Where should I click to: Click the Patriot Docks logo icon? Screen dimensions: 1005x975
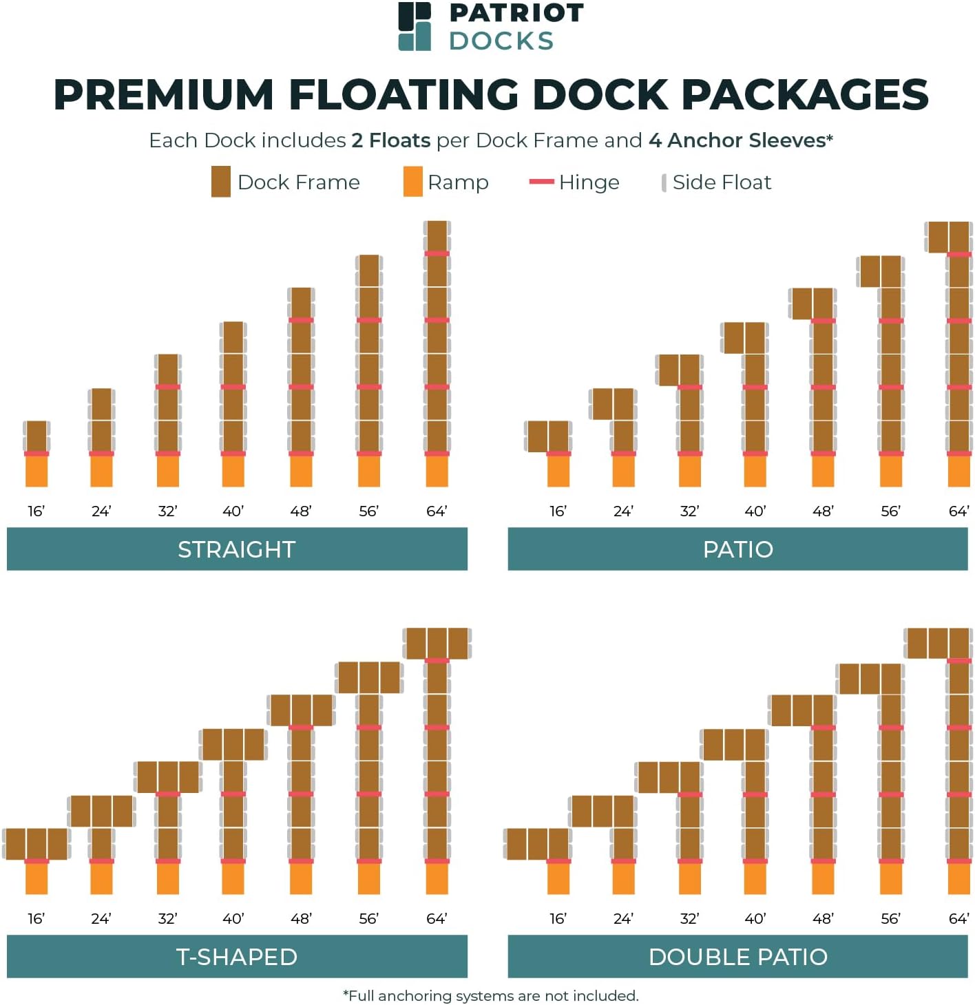(415, 27)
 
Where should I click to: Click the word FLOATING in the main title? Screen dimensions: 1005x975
(403, 95)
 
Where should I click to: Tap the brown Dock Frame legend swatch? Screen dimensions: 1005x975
(220, 182)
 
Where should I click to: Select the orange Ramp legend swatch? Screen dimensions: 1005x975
(412, 182)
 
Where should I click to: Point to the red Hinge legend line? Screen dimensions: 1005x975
(541, 182)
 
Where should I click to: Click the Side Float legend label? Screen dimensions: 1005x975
(721, 182)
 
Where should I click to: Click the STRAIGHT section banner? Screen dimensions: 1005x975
(237, 549)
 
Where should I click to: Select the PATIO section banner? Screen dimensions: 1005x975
(737, 549)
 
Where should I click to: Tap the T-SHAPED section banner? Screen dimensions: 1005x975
(237, 957)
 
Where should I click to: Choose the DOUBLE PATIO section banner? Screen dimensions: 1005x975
(737, 957)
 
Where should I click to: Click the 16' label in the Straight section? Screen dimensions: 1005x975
(36, 511)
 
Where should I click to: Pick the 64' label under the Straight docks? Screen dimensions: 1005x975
(437, 511)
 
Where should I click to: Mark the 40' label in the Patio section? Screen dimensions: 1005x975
(755, 511)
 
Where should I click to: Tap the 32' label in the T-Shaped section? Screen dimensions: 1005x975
(167, 919)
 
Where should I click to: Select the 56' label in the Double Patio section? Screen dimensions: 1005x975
(890, 919)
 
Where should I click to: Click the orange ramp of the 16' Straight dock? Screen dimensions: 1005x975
(36, 472)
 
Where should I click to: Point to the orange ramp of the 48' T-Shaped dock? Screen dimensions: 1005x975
(301, 879)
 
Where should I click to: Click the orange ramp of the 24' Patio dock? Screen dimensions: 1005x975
(623, 472)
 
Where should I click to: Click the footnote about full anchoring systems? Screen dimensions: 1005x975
(490, 996)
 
